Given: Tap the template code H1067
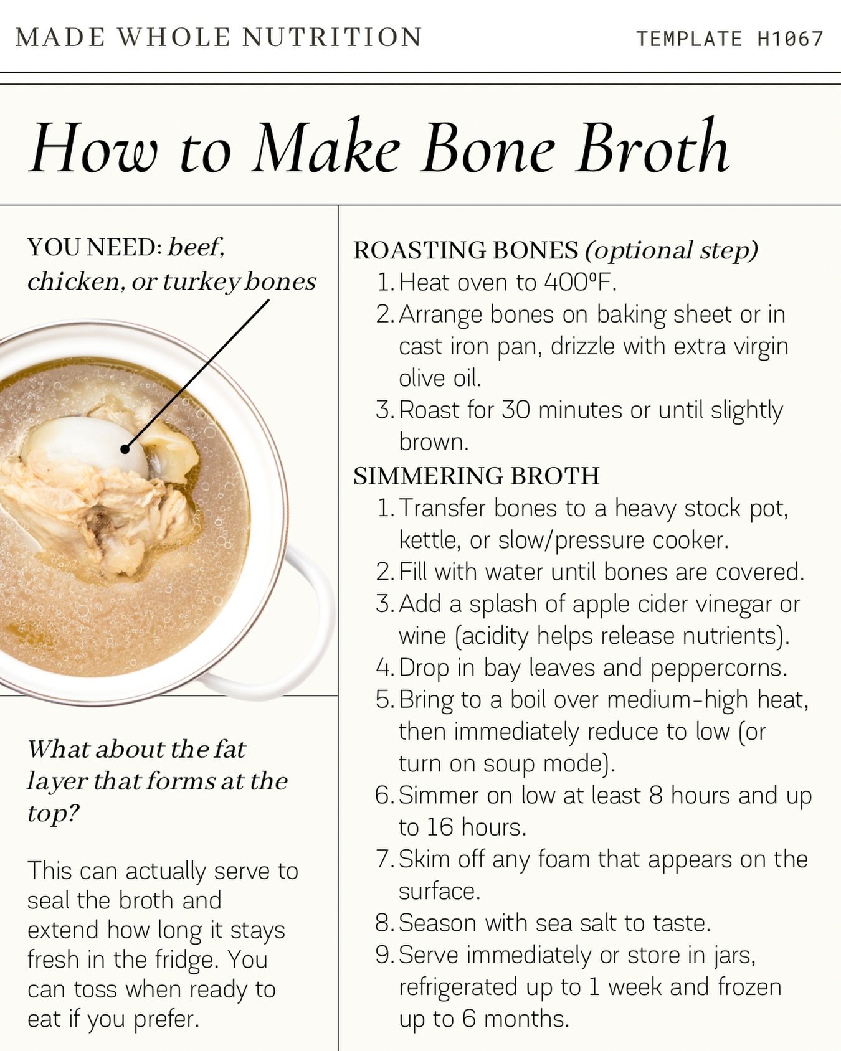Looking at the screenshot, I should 791,39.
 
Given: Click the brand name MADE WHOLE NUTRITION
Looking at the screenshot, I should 219,37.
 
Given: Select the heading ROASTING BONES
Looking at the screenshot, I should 465,250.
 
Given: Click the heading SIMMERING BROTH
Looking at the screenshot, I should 476,476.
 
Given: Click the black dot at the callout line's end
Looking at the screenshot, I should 125,449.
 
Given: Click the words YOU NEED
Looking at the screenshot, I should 94,248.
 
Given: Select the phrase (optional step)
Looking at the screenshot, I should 671,250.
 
